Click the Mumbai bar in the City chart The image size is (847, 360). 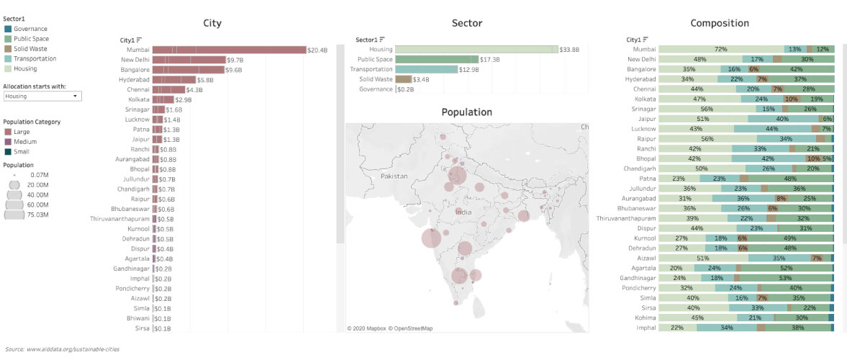[x=230, y=50]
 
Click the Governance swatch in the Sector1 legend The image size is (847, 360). [x=8, y=29]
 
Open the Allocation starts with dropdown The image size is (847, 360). [x=42, y=96]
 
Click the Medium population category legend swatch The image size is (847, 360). [x=8, y=142]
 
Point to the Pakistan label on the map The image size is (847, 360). [x=394, y=176]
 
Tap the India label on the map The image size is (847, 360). [x=463, y=212]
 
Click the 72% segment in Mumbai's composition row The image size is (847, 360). [x=720, y=50]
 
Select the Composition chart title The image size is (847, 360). [x=720, y=23]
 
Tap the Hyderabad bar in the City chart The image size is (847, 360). [x=174, y=80]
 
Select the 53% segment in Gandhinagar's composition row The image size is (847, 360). [x=786, y=277]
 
